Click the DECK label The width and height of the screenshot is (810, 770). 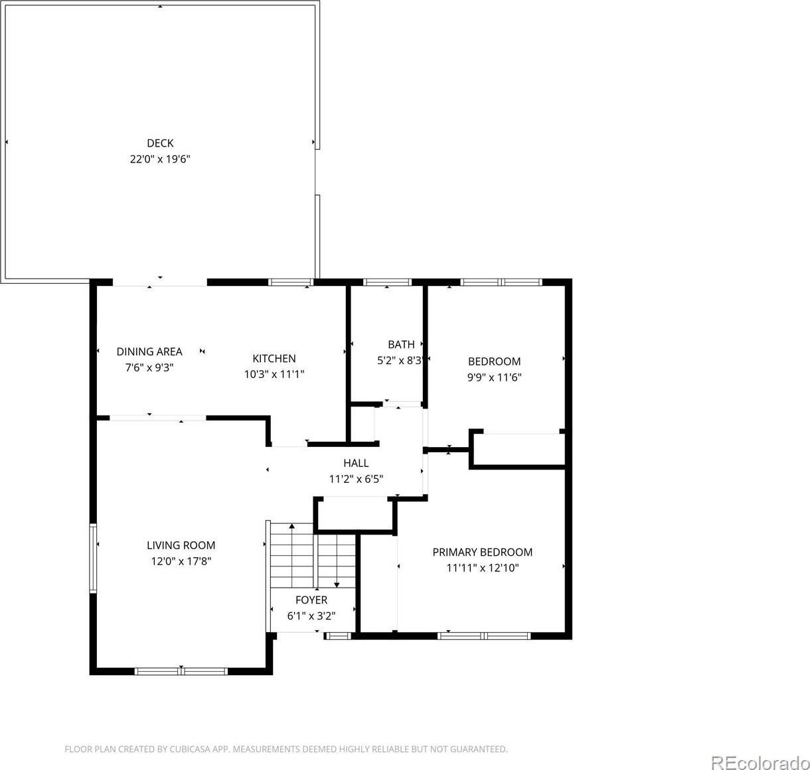coord(160,143)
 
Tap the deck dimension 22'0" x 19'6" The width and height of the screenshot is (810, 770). coord(160,159)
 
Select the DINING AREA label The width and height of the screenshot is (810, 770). coord(149,352)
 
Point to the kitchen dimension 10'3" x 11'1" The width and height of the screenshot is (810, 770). coord(274,375)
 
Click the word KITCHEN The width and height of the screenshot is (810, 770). coord(274,358)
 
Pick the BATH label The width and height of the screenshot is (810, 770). coord(401,344)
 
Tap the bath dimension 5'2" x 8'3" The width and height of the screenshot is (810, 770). coord(400,361)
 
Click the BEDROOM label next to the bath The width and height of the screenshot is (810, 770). coord(494,361)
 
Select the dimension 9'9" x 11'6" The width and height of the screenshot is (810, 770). coord(494,377)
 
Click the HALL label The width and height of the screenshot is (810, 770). coord(356,464)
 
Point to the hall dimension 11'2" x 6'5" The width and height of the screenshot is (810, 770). coord(356,479)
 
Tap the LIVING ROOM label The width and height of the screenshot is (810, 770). coord(181,546)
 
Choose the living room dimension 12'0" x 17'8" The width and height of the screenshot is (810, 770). coord(181,561)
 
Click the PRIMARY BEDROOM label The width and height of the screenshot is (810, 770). coord(482,552)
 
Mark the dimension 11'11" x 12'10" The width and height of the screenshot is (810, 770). coord(482,568)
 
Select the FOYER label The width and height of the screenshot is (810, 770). coord(311,600)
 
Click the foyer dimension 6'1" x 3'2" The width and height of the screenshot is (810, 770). coord(311,616)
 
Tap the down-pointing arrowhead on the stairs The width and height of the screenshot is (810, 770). coord(337,585)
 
